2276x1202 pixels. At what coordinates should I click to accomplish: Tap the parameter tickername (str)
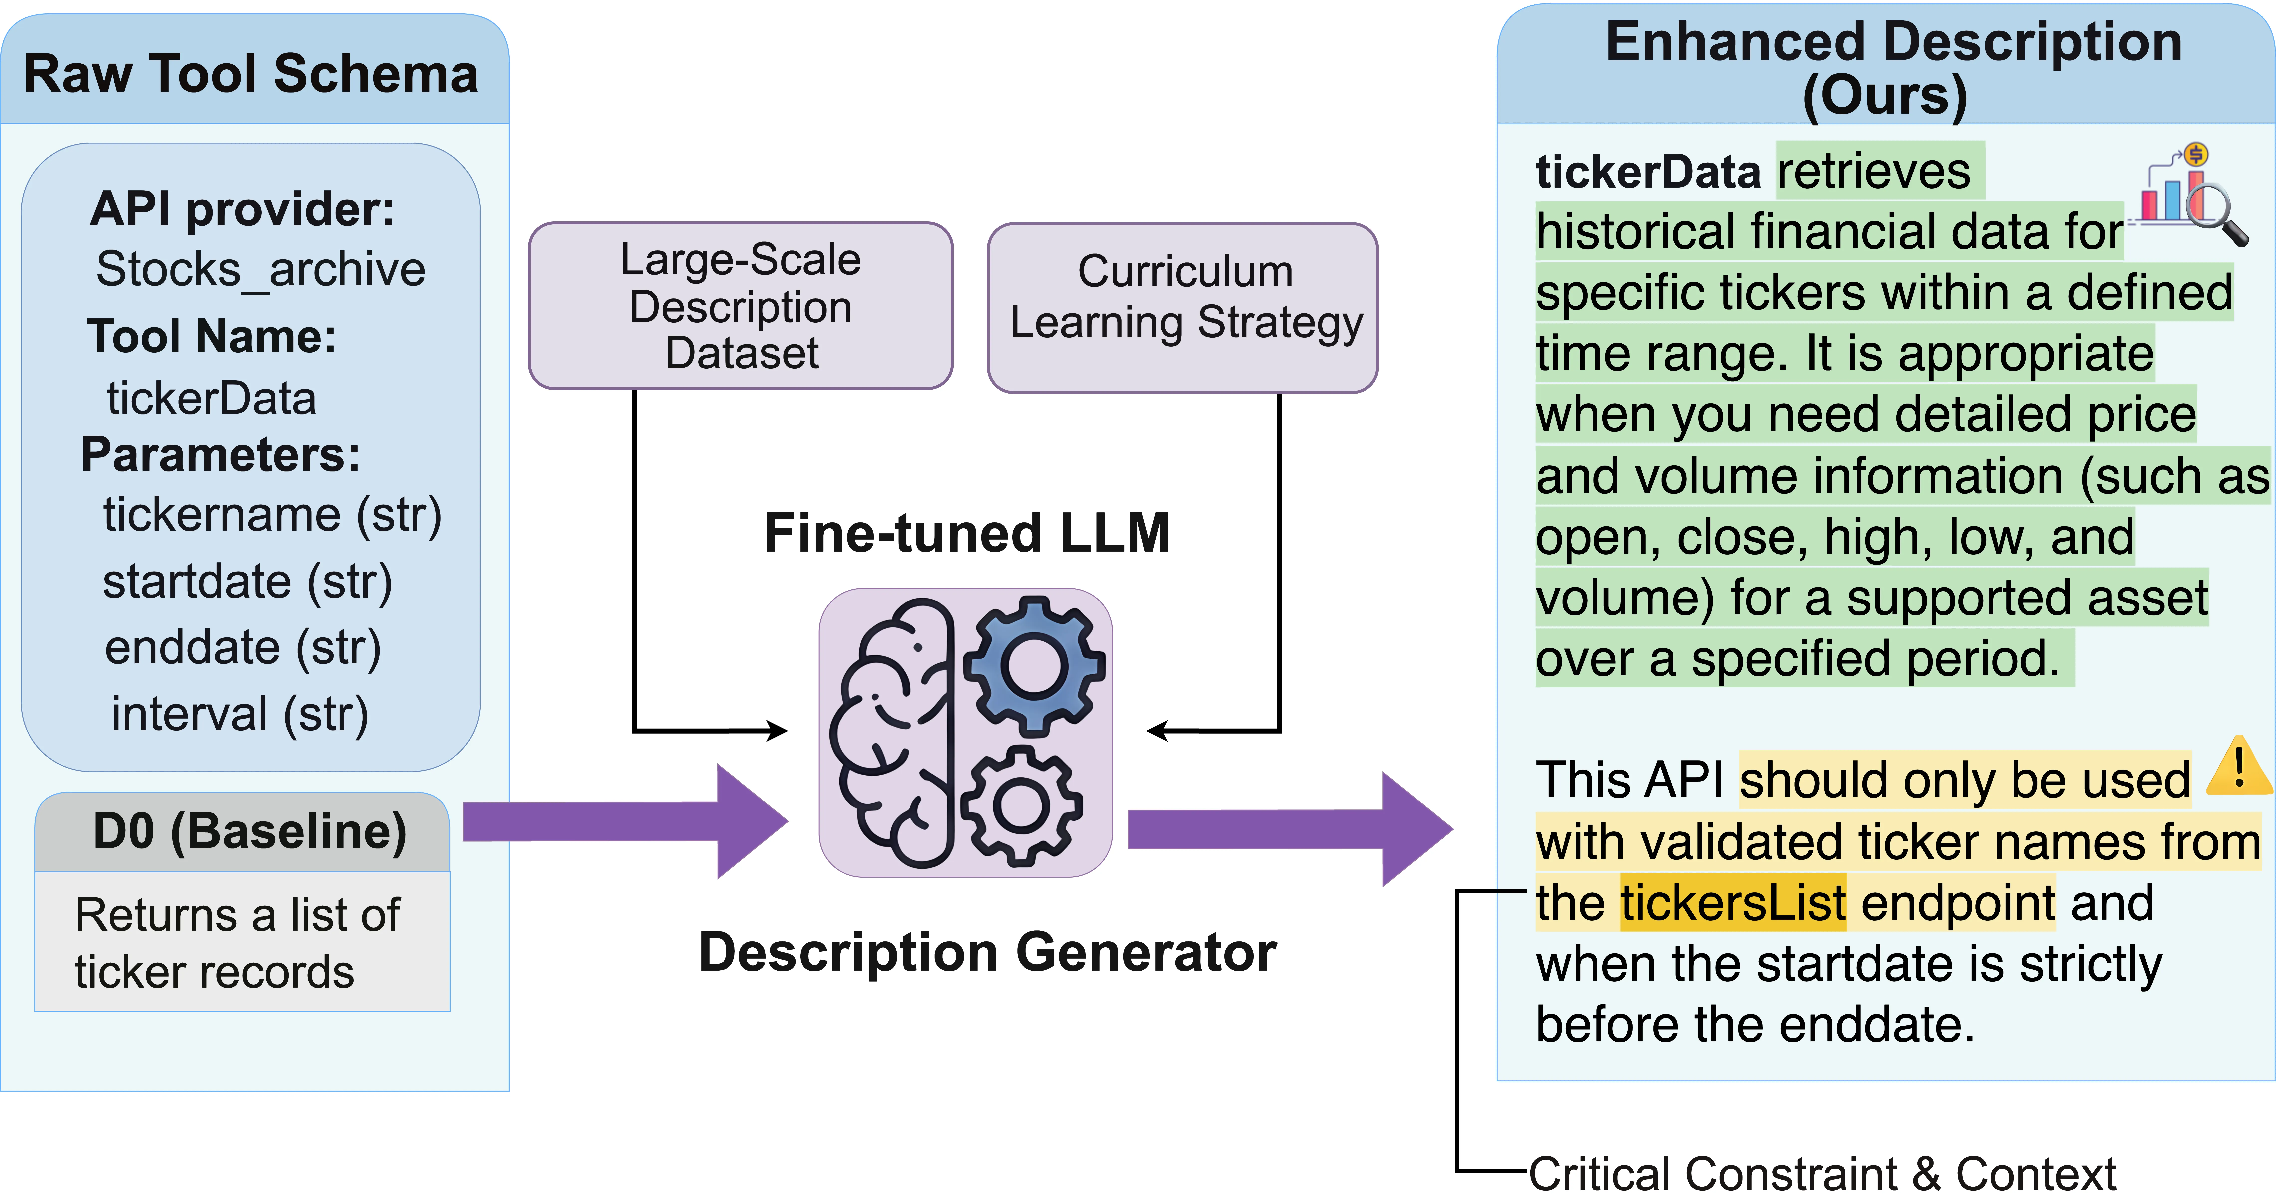tap(272, 515)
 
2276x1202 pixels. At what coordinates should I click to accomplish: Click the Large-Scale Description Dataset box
tap(740, 305)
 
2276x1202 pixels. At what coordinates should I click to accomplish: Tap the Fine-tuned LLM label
tap(967, 533)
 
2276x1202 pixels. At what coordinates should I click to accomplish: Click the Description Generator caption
tap(987, 952)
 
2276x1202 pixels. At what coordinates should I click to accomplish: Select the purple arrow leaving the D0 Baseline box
tap(625, 821)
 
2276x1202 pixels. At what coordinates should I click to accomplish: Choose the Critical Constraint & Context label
tap(1822, 1174)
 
